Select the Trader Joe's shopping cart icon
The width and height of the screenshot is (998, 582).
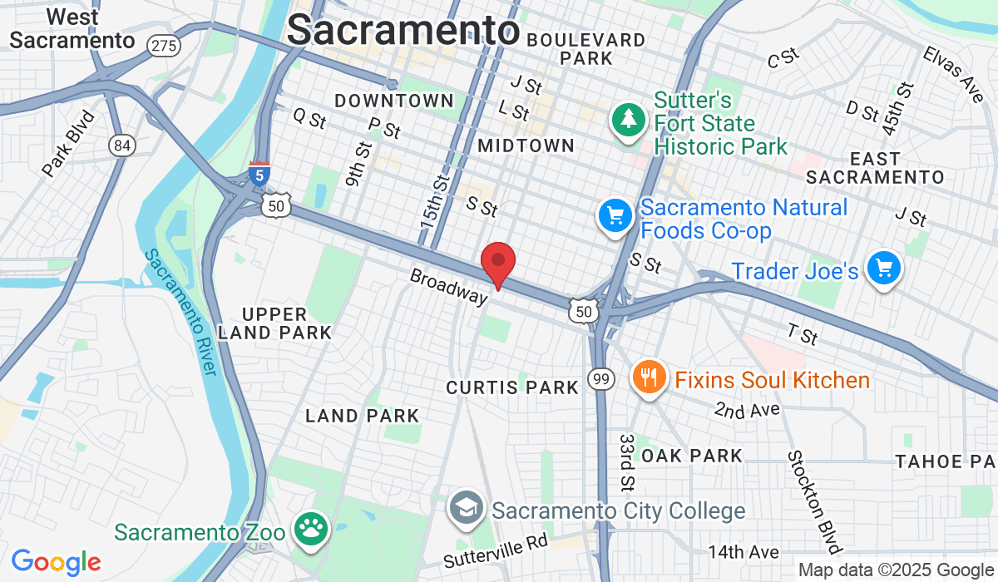[x=883, y=269]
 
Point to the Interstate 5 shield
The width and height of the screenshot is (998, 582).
[x=259, y=175]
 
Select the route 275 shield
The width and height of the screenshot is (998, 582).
[x=163, y=45]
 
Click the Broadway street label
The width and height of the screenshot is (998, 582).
[x=448, y=285]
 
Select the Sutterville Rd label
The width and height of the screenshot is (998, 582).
[x=496, y=550]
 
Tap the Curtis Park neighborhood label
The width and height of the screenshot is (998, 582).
[x=512, y=387]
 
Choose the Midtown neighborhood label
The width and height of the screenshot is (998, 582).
[x=526, y=145]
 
